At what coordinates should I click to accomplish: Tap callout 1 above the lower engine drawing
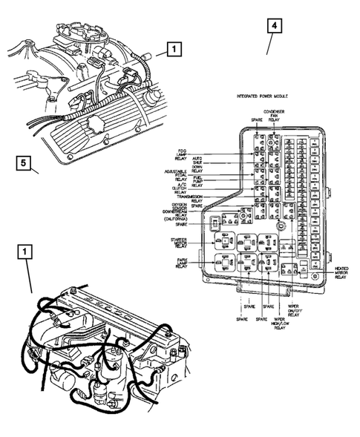click(26, 252)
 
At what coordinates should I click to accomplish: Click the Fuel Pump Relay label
click(197, 181)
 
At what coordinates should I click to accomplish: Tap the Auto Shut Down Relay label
click(197, 162)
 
